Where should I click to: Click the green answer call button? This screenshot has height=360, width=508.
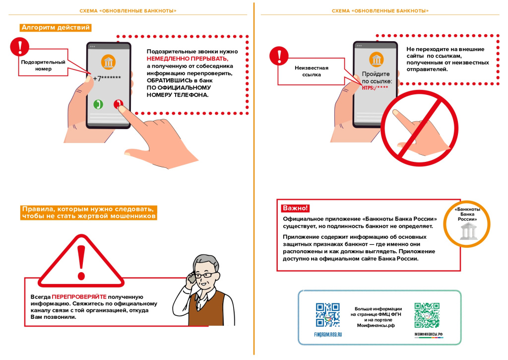[x=98, y=104]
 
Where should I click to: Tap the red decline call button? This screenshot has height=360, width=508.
[x=118, y=104]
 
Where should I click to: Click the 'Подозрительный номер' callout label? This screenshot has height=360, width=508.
[x=43, y=66]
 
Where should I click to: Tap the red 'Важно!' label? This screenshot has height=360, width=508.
[x=295, y=208]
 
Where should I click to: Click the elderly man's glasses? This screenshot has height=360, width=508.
[x=206, y=275]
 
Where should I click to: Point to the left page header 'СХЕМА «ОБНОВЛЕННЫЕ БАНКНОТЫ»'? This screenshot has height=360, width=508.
[x=128, y=10]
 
